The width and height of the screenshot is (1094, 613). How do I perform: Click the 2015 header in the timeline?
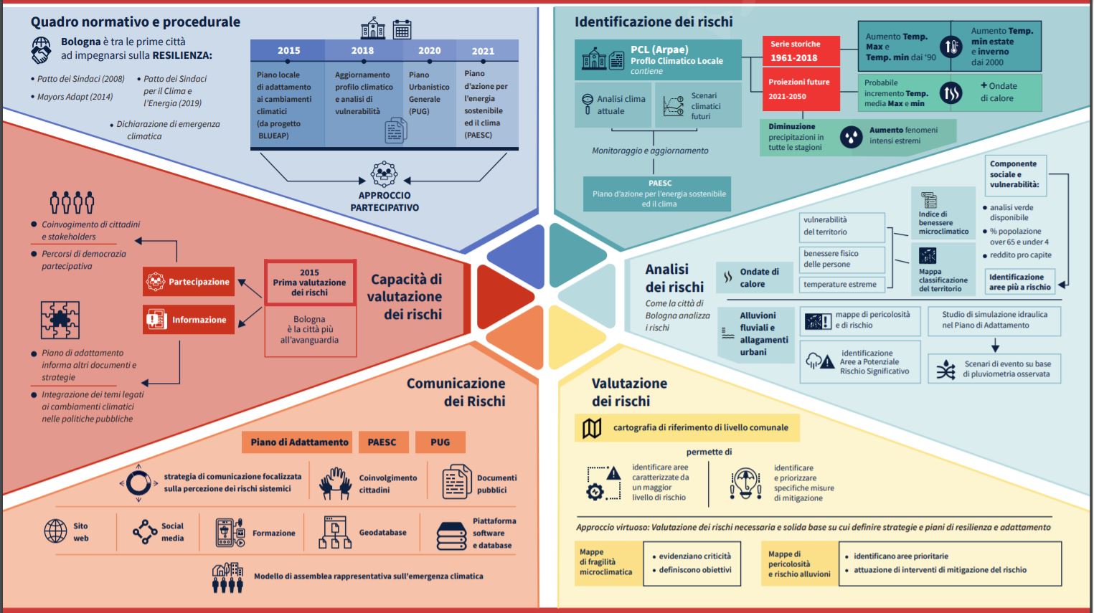[x=288, y=50]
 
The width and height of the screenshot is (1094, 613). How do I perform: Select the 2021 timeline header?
[x=483, y=51]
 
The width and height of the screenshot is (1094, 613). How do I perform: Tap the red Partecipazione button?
[x=189, y=282]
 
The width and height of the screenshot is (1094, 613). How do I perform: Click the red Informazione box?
[x=189, y=320]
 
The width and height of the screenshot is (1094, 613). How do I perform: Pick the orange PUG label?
[x=440, y=442]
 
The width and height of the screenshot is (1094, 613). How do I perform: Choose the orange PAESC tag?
[x=382, y=442]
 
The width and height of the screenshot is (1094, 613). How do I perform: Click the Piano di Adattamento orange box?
[x=299, y=442]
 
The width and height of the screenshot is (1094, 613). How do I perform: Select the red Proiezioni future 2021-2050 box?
[x=798, y=89]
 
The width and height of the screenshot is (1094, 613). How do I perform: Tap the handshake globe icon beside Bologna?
[x=42, y=50]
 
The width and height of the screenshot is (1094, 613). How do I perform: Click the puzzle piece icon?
[x=60, y=320]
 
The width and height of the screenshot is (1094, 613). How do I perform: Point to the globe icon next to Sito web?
[x=56, y=531]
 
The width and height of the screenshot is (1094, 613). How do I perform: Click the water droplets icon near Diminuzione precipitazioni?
[x=851, y=136]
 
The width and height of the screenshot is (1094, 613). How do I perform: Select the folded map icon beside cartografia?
[x=592, y=428]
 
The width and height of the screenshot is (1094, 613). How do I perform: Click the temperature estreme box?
[x=840, y=285]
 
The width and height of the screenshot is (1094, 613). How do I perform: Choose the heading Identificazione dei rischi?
[x=654, y=22]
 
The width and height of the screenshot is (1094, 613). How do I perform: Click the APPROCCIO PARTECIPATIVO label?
[x=385, y=201]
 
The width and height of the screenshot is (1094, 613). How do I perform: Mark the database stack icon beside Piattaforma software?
[x=452, y=535]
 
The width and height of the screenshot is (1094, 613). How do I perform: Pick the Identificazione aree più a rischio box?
[x=1019, y=282]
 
